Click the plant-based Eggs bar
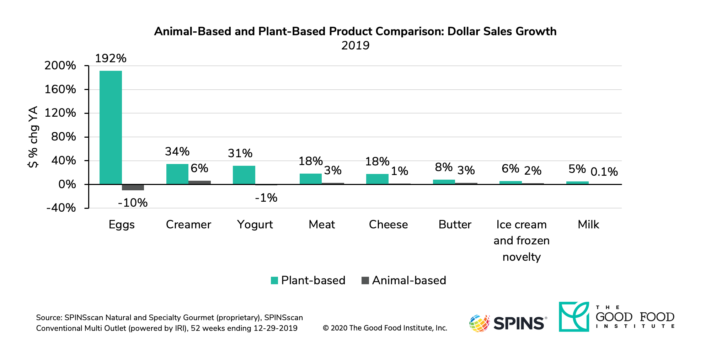click(111, 127)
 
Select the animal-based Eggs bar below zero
click(133, 187)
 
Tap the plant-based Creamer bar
click(177, 174)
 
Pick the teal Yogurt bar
click(244, 175)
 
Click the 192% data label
click(111, 58)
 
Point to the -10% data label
click(133, 203)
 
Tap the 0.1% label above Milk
click(604, 172)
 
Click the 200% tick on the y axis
click(60, 65)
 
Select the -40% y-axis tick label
click(61, 208)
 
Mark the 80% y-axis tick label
click(63, 137)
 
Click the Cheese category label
click(388, 224)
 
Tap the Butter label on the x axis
click(455, 224)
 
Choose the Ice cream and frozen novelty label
click(522, 240)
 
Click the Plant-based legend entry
click(308, 280)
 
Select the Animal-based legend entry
click(403, 280)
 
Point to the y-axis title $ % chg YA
click(33, 137)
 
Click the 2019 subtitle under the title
click(355, 46)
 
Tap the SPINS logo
click(508, 323)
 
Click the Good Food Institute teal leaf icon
click(574, 317)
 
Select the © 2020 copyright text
click(385, 328)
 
